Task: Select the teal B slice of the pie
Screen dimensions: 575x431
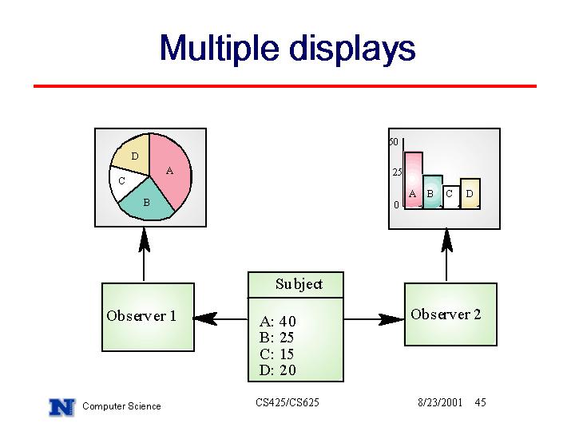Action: click(x=147, y=201)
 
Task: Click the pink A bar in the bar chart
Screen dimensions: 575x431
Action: click(x=414, y=180)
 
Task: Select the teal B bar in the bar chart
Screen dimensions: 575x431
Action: click(x=432, y=192)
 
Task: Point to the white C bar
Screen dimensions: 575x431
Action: click(x=450, y=197)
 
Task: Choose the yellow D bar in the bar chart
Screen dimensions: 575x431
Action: click(x=470, y=194)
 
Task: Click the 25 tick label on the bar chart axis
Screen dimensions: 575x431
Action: click(x=397, y=172)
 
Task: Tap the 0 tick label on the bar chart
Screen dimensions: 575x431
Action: click(x=396, y=204)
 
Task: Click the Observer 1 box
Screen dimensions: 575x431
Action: click(x=148, y=317)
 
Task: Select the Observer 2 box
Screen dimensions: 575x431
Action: click(x=450, y=314)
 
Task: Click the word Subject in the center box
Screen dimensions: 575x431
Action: click(x=299, y=284)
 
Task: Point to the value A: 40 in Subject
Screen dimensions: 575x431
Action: click(x=278, y=322)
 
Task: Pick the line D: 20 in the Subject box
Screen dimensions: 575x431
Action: click(x=278, y=370)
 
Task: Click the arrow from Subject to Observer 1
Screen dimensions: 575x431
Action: click(x=220, y=318)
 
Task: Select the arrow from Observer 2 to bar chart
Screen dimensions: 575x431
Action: click(x=446, y=255)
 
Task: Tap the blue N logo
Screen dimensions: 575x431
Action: click(x=61, y=407)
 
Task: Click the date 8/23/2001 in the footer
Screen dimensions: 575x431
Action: click(x=440, y=402)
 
